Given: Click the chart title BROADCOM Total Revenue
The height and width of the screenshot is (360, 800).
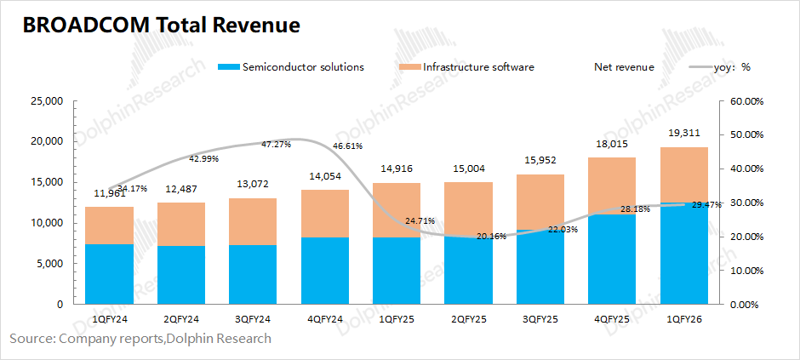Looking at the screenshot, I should coord(161,26).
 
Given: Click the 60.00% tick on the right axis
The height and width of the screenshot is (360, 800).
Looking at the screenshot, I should coord(748,101).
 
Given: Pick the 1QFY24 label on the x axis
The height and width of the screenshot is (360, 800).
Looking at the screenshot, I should coord(109,318).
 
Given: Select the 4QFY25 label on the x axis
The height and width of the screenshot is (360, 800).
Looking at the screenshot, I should coord(612,318).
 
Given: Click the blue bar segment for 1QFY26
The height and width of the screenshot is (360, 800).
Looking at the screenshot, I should coord(684,253).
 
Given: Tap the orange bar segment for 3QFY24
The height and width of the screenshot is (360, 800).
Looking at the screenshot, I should coord(254,221).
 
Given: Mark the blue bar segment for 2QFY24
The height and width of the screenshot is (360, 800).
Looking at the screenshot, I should coord(181,275).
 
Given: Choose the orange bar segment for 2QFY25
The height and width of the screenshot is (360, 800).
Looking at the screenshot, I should coord(468,209).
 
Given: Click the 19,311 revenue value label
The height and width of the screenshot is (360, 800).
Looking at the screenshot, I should coord(684,134).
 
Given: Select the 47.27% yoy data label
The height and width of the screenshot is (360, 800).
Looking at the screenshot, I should coord(276,145).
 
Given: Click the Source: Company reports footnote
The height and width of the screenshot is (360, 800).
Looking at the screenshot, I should coord(140,339).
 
